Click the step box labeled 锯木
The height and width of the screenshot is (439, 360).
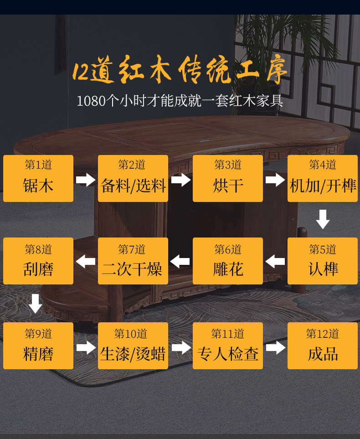click(38, 178)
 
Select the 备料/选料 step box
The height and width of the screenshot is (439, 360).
click(133, 178)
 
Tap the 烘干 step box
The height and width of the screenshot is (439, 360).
click(228, 178)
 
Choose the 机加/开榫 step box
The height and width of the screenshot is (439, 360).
click(323, 178)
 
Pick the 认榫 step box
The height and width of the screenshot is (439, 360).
click(323, 261)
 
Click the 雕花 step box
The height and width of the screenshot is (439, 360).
click(228, 261)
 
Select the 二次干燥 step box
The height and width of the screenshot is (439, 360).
click(133, 261)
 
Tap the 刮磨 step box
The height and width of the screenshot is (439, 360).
click(38, 261)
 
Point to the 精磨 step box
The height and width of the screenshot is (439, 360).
click(38, 346)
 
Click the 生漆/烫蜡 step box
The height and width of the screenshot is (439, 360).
click(133, 346)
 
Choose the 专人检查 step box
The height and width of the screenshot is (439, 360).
click(228, 346)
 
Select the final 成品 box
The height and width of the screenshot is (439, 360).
click(323, 346)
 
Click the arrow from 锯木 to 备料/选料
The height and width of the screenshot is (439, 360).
click(86, 180)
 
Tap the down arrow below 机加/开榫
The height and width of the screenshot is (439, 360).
click(323, 219)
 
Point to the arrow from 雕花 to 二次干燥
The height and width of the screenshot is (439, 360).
click(180, 262)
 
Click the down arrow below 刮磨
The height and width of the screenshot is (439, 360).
click(36, 304)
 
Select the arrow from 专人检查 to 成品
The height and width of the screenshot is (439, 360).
click(275, 348)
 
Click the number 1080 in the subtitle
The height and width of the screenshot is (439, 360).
click(91, 101)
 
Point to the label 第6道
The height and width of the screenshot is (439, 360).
click(228, 249)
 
